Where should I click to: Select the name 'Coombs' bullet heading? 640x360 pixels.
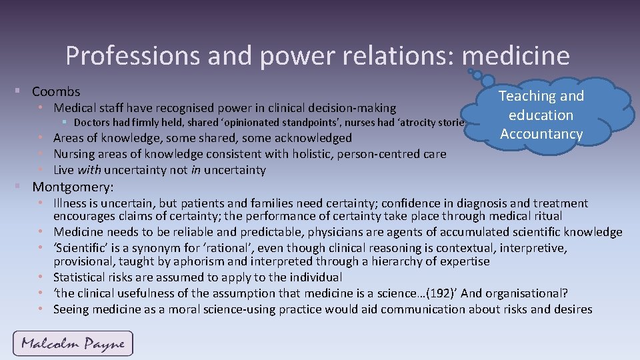(x=56, y=91)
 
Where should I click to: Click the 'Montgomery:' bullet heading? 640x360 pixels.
(x=73, y=186)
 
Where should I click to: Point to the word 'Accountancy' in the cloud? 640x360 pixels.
(x=541, y=134)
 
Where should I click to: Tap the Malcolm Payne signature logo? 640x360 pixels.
(x=73, y=344)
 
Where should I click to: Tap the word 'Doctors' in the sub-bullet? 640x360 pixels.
(x=92, y=123)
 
